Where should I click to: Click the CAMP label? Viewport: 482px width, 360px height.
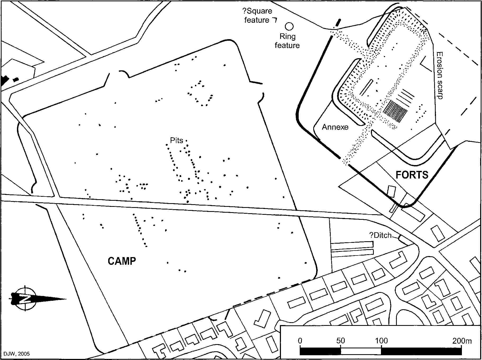tap(122, 261)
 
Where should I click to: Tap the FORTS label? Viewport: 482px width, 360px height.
tap(412, 175)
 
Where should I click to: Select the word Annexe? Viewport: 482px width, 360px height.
tap(335, 127)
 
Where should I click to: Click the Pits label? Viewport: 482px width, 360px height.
tap(176, 140)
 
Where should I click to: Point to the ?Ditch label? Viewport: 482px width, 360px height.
tap(380, 235)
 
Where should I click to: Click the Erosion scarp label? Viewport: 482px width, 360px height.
tap(439, 75)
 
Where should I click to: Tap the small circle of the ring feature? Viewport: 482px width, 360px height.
tap(289, 26)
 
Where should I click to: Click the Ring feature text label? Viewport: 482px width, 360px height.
tap(287, 41)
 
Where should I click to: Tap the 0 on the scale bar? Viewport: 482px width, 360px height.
tap(300, 341)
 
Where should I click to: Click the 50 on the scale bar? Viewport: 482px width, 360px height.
tap(340, 341)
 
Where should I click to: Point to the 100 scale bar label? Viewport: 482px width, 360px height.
tap(381, 341)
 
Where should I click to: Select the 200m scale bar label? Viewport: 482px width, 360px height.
tap(462, 341)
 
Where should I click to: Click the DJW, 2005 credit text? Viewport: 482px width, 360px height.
tap(16, 354)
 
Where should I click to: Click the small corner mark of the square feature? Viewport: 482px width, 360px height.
tap(275, 20)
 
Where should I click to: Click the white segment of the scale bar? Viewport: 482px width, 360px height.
tap(361, 351)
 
